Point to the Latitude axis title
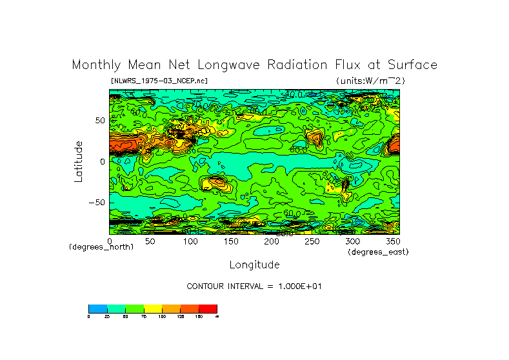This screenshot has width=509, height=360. pos(78,161)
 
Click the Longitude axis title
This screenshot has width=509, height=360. pos(254,265)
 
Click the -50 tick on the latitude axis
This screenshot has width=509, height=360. pos(97,202)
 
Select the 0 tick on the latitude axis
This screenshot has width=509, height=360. pos(102,161)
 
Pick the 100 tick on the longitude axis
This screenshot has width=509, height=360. pos(190,241)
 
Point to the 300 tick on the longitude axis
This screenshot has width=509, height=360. pos(352,241)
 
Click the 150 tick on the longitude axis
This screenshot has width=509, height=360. pos(231,241)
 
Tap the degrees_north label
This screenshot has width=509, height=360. pos(101,247)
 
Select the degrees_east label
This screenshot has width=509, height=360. pos(378,252)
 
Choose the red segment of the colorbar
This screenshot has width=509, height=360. pos(208,308)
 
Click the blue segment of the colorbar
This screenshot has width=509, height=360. pos(97,308)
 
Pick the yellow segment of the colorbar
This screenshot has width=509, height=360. pos(153,308)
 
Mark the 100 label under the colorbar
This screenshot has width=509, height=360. pos(162,317)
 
